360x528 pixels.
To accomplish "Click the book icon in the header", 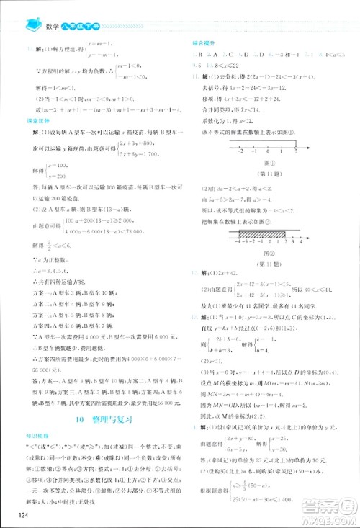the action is [x=32, y=26].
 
